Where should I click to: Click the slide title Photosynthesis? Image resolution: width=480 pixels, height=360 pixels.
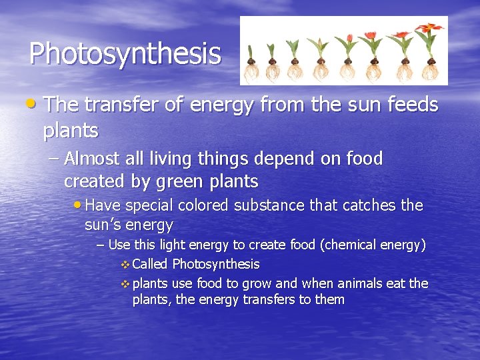(x=125, y=53)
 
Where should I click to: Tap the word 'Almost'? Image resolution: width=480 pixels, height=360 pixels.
(x=92, y=159)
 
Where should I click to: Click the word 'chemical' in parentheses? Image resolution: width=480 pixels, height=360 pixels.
(x=355, y=245)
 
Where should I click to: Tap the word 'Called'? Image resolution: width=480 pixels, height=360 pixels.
(x=150, y=264)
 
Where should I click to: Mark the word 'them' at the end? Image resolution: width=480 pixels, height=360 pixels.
(x=329, y=299)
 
